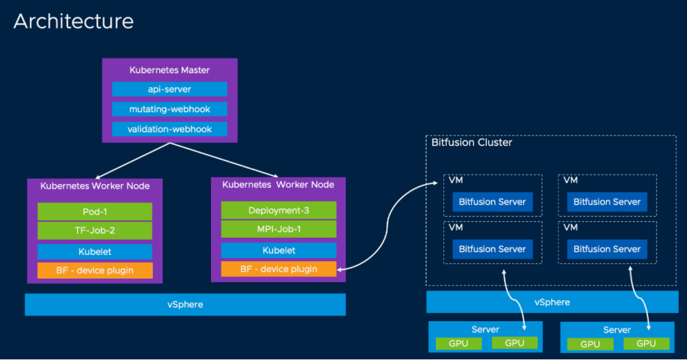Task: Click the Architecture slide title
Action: pyautogui.click(x=73, y=21)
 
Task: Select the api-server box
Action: pyautogui.click(x=170, y=89)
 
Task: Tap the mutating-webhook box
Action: pyautogui.click(x=170, y=109)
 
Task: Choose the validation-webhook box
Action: pyautogui.click(x=170, y=129)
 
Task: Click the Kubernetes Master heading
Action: pyautogui.click(x=170, y=70)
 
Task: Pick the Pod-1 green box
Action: pyautogui.click(x=95, y=212)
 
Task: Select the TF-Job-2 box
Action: pyautogui.click(x=95, y=230)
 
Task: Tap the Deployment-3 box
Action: pyautogui.click(x=278, y=210)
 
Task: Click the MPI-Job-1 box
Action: pyautogui.click(x=278, y=229)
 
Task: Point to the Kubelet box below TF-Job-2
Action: pyautogui.click(x=95, y=252)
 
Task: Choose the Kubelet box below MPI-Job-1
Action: pyautogui.click(x=278, y=250)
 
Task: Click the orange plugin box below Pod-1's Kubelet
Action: pyautogui.click(x=95, y=270)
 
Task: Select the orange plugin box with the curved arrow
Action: pyautogui.click(x=278, y=269)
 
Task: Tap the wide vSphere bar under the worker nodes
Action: pyautogui.click(x=185, y=305)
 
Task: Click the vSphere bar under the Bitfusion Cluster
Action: pyautogui.click(x=552, y=302)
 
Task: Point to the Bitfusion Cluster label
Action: pyautogui.click(x=472, y=143)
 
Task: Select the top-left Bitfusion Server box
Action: pyautogui.click(x=492, y=202)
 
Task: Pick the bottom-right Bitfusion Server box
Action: pyautogui.click(x=607, y=249)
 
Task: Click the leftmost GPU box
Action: pyautogui.click(x=458, y=343)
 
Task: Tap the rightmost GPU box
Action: pyautogui.click(x=646, y=343)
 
